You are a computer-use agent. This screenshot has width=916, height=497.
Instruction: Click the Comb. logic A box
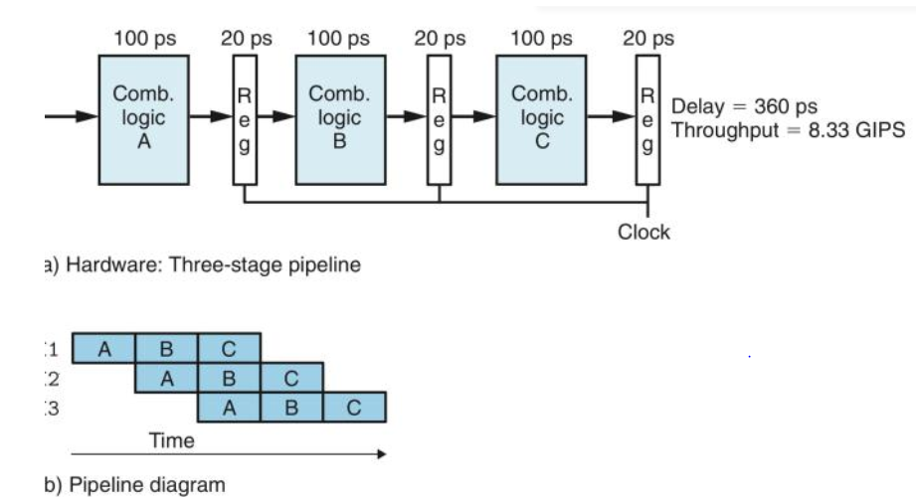[x=143, y=118]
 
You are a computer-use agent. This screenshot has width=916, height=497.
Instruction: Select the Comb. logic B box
[x=339, y=118]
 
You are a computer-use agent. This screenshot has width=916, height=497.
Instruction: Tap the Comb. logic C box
[x=542, y=118]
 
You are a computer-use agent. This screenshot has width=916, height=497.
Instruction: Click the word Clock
[x=643, y=233]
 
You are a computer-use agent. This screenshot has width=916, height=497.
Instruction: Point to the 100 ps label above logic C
[x=541, y=40]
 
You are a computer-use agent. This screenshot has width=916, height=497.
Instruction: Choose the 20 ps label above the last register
[x=647, y=40]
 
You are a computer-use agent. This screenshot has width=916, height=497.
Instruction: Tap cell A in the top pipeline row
[x=103, y=348]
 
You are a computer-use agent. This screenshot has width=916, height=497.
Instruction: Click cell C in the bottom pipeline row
[x=354, y=408]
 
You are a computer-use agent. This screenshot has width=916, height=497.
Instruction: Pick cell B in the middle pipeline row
[x=229, y=378]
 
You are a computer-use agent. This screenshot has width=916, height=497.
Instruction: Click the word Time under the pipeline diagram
[x=172, y=438]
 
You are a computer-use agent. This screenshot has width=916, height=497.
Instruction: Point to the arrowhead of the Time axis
[x=379, y=454]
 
